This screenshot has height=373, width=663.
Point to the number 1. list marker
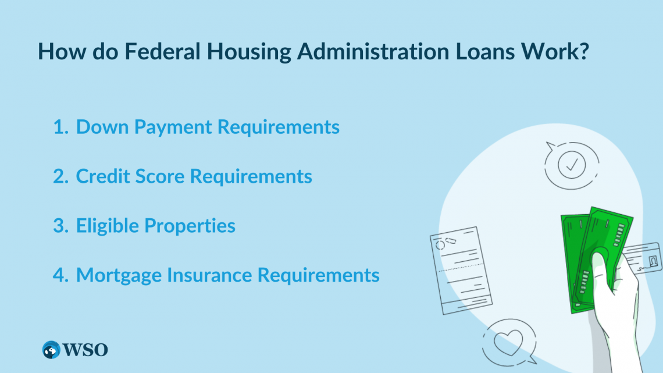(60, 127)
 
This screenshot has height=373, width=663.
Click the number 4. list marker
(60, 275)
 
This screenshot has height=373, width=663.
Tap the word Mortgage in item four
(120, 275)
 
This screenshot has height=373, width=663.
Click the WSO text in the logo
(87, 350)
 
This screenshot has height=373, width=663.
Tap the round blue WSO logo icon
(52, 350)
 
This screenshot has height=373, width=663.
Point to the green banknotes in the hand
(593, 250)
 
